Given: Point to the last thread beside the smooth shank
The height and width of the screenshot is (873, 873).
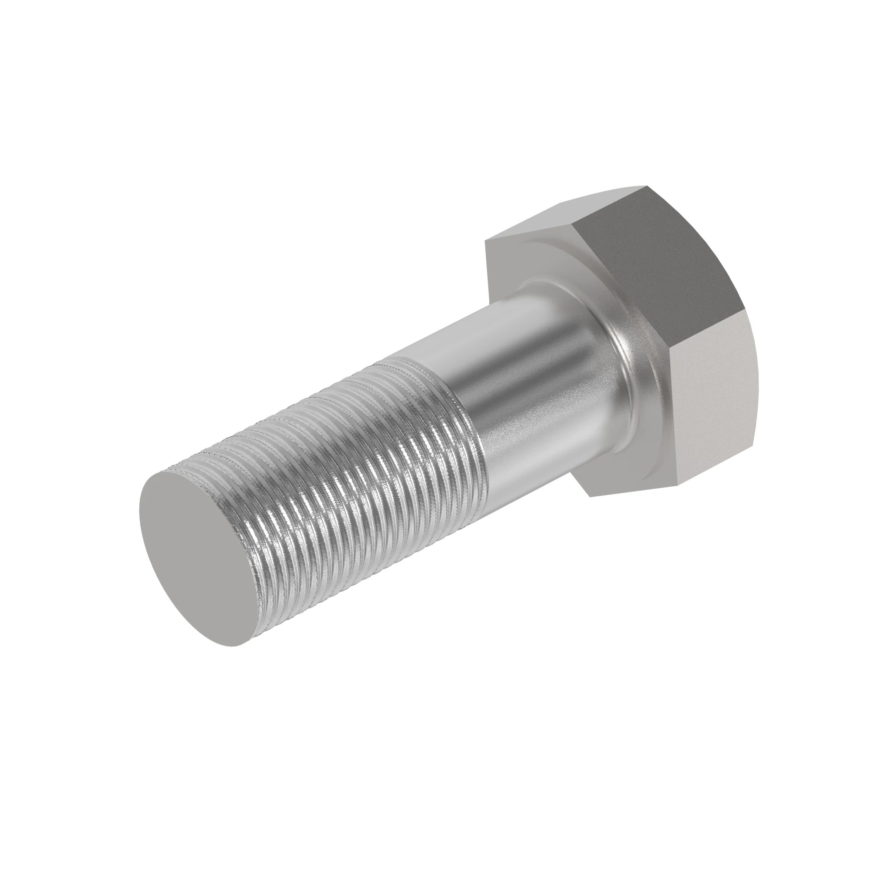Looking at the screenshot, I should point(470,434).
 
